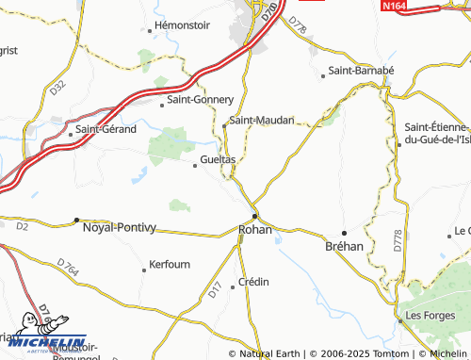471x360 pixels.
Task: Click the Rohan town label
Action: (255, 229)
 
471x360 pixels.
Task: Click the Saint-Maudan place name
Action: (263, 121)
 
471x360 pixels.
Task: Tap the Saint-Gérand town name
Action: (106, 128)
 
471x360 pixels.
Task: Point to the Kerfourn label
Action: (174, 267)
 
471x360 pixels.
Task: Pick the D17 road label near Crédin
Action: (215, 294)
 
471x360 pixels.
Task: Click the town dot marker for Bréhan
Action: (344, 232)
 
